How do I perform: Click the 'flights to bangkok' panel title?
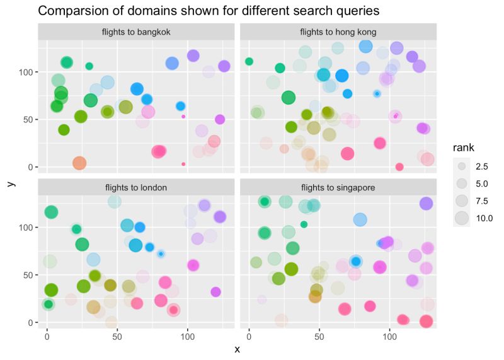(136, 32)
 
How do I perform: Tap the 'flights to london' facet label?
(136, 187)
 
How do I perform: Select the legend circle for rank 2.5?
(462, 166)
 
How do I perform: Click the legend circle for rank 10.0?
(462, 218)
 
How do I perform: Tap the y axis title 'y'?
(11, 183)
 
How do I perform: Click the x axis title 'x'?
(237, 350)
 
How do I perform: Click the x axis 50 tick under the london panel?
(117, 334)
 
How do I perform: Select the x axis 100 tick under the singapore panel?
(389, 334)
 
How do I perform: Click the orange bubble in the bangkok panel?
(79, 163)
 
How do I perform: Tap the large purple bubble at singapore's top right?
(426, 204)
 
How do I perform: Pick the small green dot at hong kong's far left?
(249, 61)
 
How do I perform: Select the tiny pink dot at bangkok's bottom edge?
(183, 164)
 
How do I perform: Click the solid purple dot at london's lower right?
(215, 292)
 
